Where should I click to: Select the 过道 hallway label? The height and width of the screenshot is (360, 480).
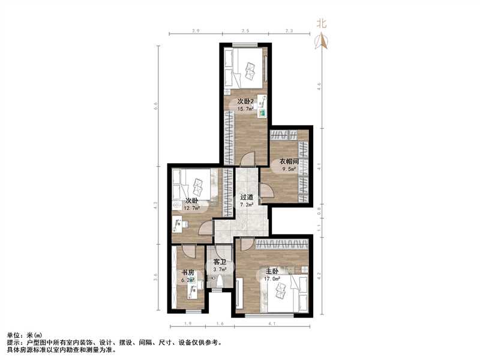pyautogui.click(x=246, y=197)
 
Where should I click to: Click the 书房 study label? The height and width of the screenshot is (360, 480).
pyautogui.click(x=188, y=272)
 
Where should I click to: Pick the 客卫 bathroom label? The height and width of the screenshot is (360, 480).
pyautogui.click(x=220, y=263)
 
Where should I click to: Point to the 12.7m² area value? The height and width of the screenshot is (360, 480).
pyautogui.click(x=192, y=208)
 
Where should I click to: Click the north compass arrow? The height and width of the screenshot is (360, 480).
pyautogui.click(x=322, y=41)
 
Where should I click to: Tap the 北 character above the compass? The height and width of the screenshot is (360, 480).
pyautogui.click(x=322, y=24)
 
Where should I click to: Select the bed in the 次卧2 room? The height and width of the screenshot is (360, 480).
pyautogui.click(x=244, y=69)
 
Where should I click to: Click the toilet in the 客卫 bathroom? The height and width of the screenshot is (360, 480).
pyautogui.click(x=221, y=282)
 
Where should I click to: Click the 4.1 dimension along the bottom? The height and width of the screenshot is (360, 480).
pyautogui.click(x=272, y=324)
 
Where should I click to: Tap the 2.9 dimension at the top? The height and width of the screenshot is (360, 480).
pyautogui.click(x=195, y=31)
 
